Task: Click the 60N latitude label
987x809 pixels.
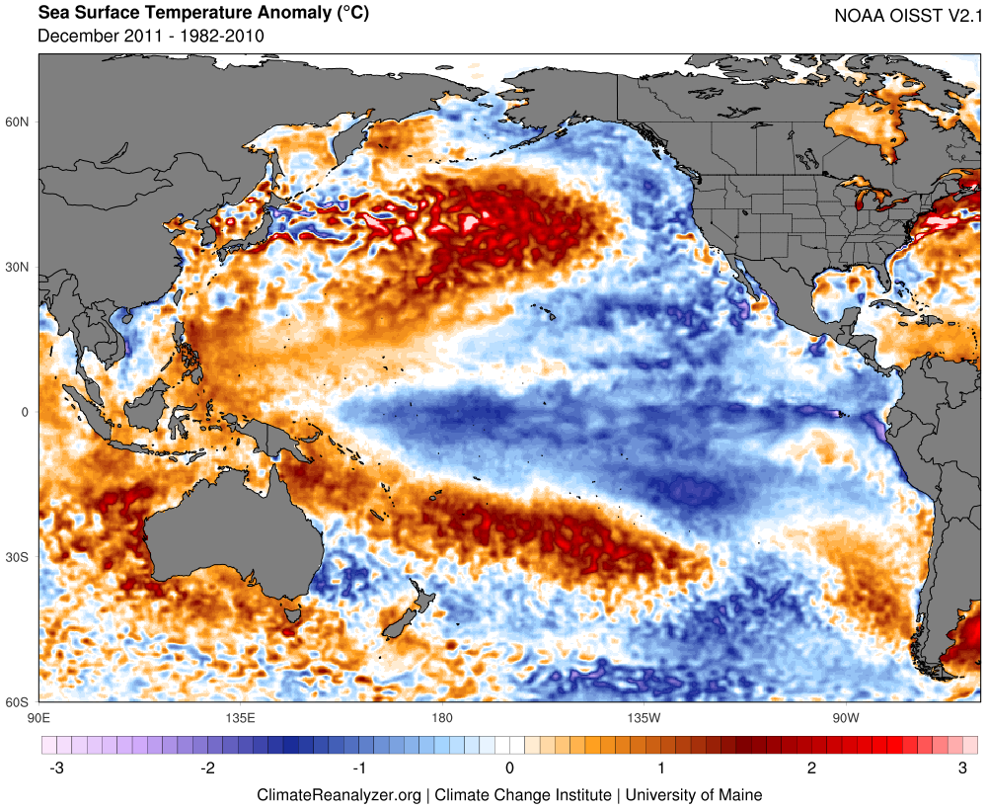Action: (19, 122)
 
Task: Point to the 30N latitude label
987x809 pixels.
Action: (19, 268)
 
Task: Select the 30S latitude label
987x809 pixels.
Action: (19, 558)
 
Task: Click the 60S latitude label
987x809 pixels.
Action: (19, 702)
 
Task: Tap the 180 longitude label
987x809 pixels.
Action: (441, 717)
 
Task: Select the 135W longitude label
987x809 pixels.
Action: (643, 717)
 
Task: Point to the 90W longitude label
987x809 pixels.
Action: (844, 717)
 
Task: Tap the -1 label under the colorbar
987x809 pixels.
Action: (357, 768)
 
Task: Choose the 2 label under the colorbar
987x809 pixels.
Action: (812, 768)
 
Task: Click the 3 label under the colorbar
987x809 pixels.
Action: (963, 768)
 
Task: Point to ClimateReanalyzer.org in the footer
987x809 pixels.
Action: (339, 794)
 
